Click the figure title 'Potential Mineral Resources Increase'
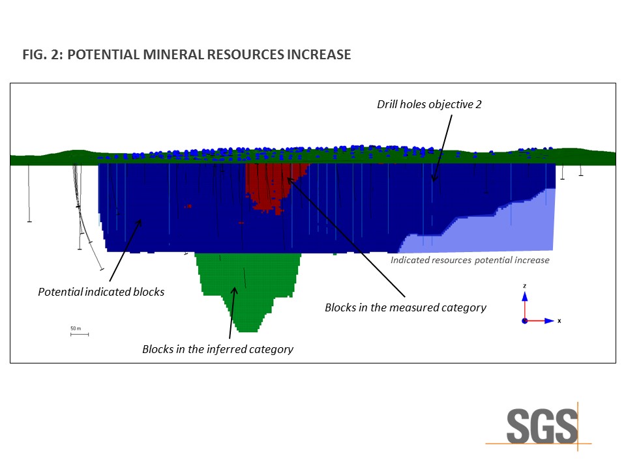[x=209, y=55]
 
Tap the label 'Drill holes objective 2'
[x=429, y=104]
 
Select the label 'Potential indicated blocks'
[x=101, y=292]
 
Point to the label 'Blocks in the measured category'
[x=406, y=307]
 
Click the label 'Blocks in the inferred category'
[x=218, y=349]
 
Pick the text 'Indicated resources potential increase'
[x=470, y=260]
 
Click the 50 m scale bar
[x=80, y=334]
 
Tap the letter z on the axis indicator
[x=524, y=286]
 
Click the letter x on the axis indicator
[x=559, y=321]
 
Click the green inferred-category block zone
[x=248, y=287]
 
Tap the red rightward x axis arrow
[x=540, y=320]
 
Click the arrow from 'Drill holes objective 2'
[x=443, y=149]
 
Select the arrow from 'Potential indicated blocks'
[x=125, y=250]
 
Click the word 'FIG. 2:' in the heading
[x=43, y=55]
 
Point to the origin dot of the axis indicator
[x=524, y=321]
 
